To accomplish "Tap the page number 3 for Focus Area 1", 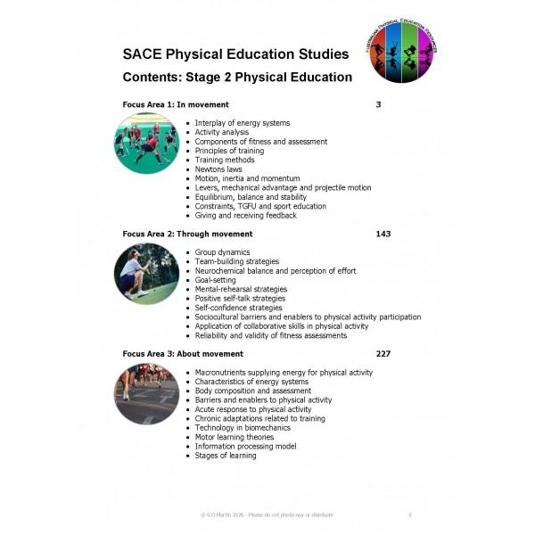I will [x=378, y=105].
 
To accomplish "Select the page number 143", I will [x=383, y=234].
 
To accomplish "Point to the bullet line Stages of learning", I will [x=226, y=456].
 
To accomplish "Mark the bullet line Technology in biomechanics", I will [x=243, y=428].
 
